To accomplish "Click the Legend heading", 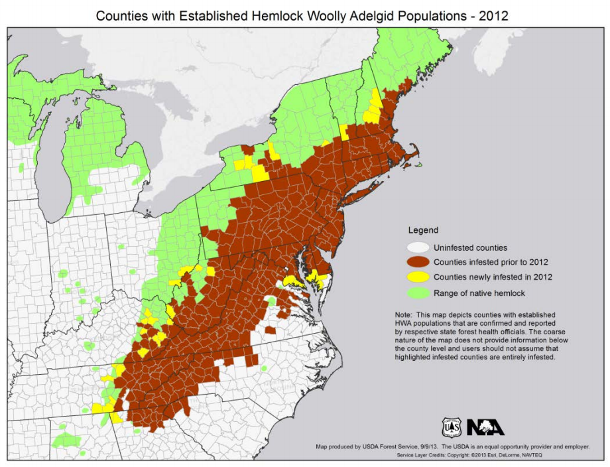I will [422, 230].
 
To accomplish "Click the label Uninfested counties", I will [470, 247].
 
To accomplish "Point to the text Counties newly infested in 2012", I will [493, 277].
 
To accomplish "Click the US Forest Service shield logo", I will [452, 427].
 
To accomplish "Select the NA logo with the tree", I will [485, 427].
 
